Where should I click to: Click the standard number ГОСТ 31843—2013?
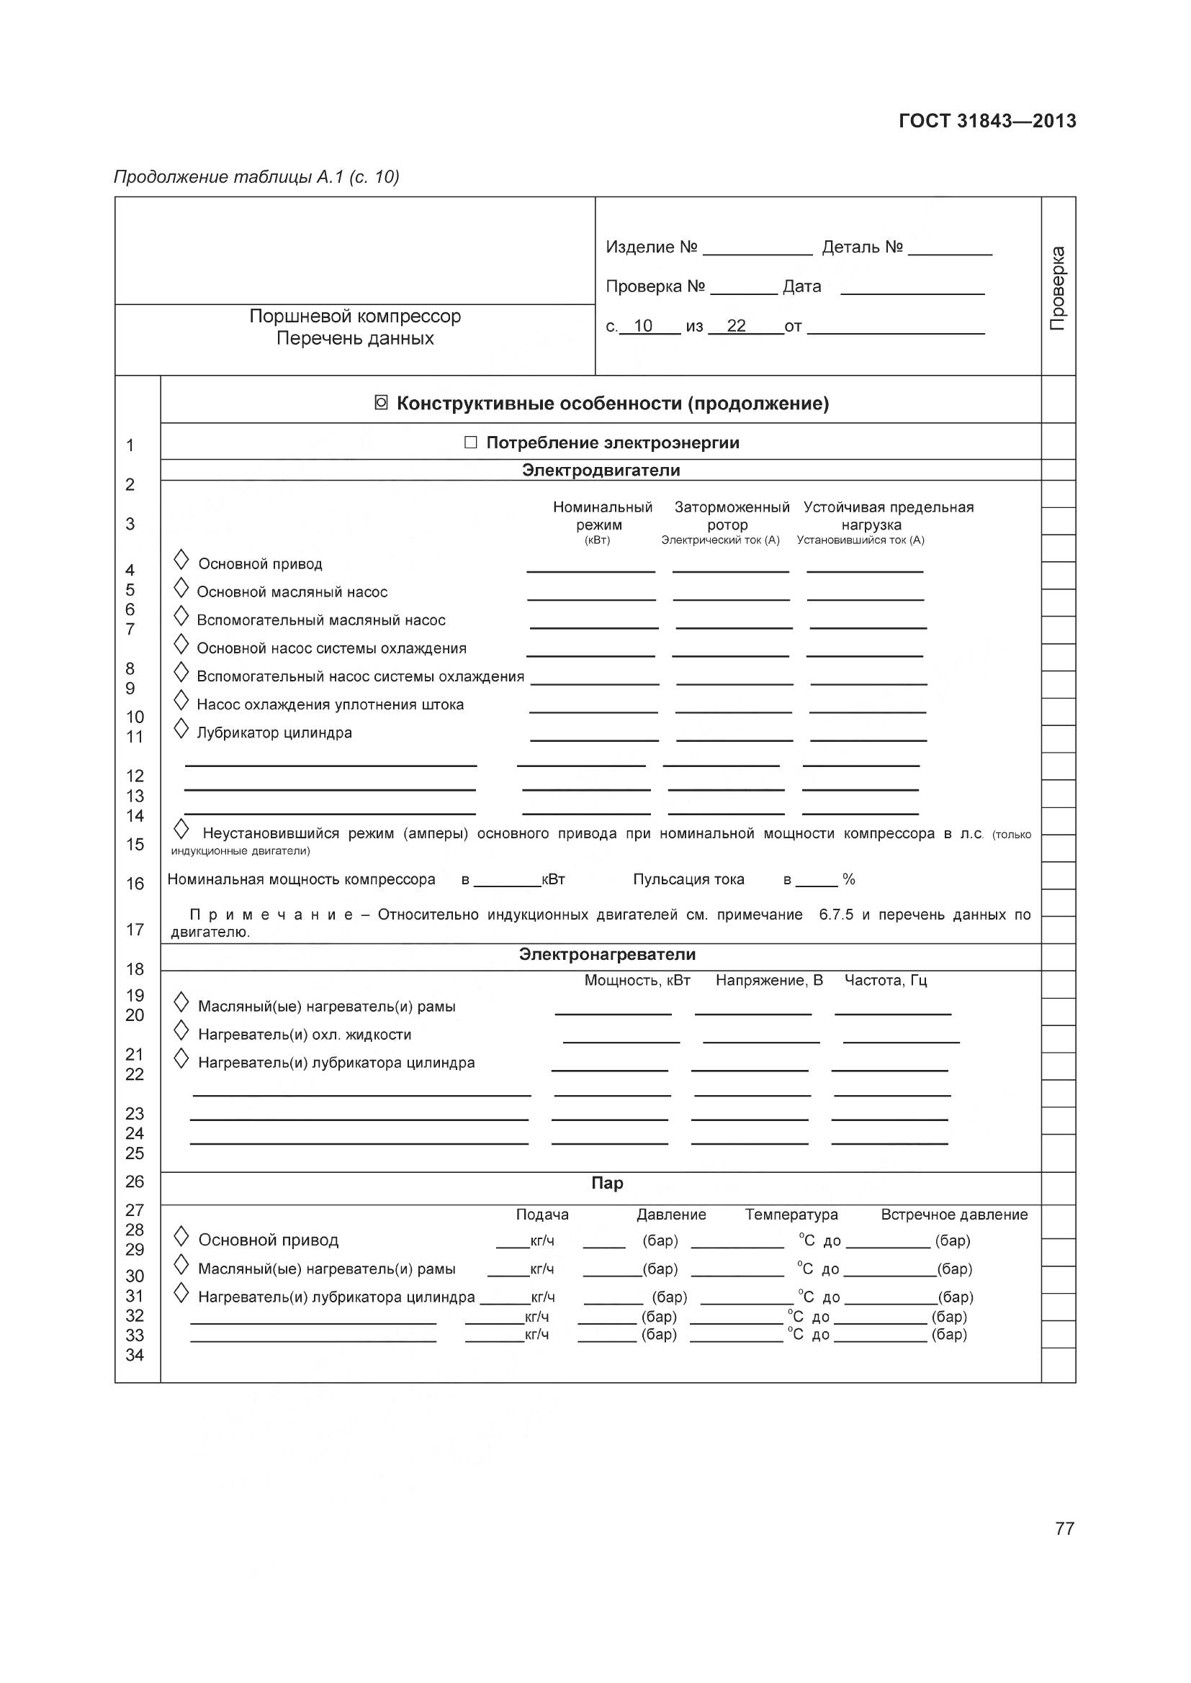coord(987,122)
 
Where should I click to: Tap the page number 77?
coord(1064,1528)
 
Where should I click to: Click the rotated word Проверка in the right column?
coord(1057,288)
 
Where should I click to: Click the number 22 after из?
coord(736,326)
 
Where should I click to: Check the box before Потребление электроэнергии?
coord(471,443)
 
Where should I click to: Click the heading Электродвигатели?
coord(601,470)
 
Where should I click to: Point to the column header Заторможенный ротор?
coord(731,516)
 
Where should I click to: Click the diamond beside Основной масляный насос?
coord(181,588)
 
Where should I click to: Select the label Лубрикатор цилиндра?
coord(274,733)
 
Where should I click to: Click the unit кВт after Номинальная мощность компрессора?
coord(553,879)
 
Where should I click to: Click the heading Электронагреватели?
coord(606,954)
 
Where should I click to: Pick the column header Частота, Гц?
coord(885,981)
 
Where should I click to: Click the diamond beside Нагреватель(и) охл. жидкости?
coord(181,1030)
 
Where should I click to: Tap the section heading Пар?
coord(606,1183)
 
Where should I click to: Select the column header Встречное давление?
coord(953,1215)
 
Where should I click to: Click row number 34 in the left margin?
coord(135,1356)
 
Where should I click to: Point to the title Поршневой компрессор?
coord(355,317)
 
